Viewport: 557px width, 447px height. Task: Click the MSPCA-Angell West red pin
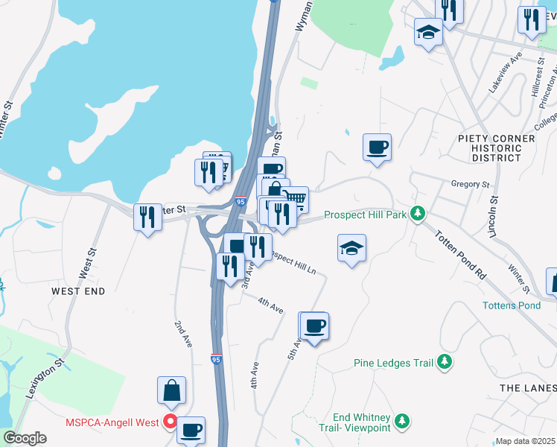[x=170, y=422]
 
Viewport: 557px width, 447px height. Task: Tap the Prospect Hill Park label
[x=365, y=215]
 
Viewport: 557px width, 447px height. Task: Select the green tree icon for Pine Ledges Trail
[x=445, y=362]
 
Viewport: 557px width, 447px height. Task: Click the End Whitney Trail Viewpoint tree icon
[x=402, y=422]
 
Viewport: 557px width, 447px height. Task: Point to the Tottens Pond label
[x=511, y=305]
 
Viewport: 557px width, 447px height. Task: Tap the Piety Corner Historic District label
[x=496, y=148]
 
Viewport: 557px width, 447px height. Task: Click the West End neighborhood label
[x=78, y=291]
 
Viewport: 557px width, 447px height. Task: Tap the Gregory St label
[x=470, y=184]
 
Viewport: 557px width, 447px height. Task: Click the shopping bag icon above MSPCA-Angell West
[x=171, y=390]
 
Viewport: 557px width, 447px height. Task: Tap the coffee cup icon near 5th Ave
[x=314, y=326]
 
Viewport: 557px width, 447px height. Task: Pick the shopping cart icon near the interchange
[x=295, y=199]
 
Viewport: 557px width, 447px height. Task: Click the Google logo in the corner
[x=25, y=438]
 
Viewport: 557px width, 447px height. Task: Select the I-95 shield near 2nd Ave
[x=216, y=359]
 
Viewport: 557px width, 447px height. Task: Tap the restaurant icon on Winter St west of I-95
[x=147, y=217]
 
